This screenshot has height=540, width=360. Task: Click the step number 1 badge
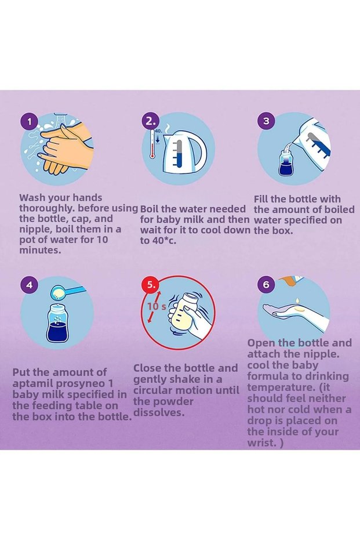29,122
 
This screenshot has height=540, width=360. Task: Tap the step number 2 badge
150,121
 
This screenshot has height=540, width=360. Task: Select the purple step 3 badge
267,121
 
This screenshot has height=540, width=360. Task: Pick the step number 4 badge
29,285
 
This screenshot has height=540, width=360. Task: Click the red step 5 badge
150,285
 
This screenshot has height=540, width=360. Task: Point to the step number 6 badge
267,285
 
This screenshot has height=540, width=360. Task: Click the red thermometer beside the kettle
152,144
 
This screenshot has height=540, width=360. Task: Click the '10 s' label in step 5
157,306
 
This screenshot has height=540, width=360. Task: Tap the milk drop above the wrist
297,300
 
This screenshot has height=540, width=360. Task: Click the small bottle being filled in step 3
286,162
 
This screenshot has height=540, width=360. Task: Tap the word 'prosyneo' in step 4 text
85,383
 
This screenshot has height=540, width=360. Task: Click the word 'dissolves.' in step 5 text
159,412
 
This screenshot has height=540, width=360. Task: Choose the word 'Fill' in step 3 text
261,199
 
